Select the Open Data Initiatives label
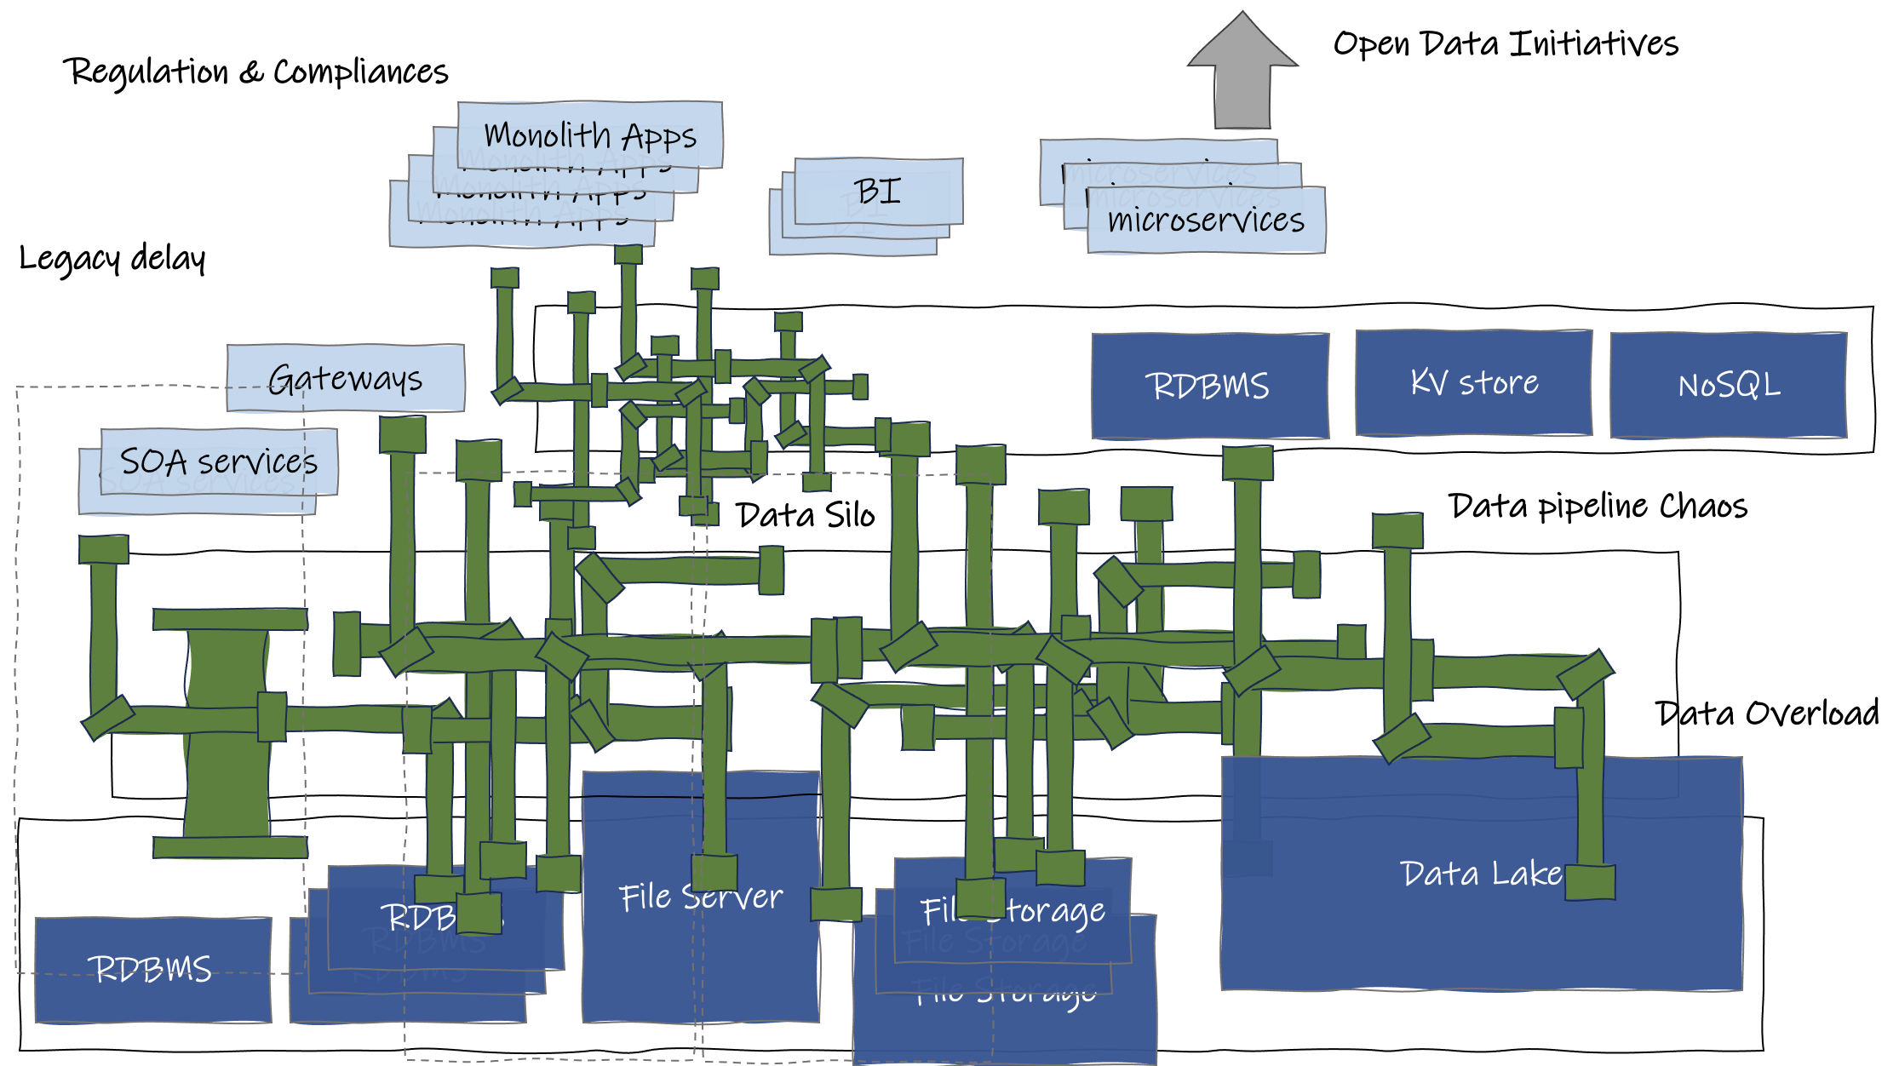click(x=1505, y=44)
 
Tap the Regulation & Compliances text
click(x=255, y=72)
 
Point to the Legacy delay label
click(x=112, y=258)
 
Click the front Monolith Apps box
click(x=590, y=135)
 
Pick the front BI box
click(x=878, y=191)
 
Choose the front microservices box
click(x=1206, y=221)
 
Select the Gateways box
click(x=346, y=378)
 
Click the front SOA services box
click(x=219, y=461)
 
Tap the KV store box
click(x=1474, y=383)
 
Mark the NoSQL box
click(x=1729, y=386)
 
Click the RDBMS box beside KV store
click(x=1209, y=386)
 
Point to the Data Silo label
click(x=806, y=515)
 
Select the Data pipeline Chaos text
click(x=1598, y=507)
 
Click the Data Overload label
click(x=1767, y=714)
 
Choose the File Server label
click(x=701, y=897)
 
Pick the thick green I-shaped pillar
click(x=228, y=732)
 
